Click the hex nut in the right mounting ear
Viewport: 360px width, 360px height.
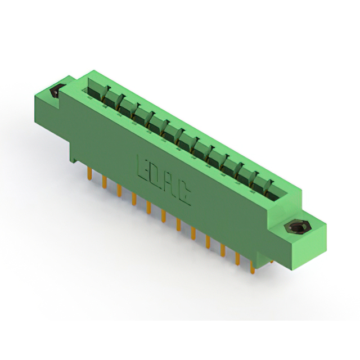click(x=295, y=227)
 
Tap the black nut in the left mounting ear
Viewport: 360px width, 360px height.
click(x=56, y=91)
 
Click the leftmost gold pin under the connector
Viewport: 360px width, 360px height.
click(x=90, y=173)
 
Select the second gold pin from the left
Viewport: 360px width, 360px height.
click(x=105, y=182)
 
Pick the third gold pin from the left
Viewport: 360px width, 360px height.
click(x=119, y=191)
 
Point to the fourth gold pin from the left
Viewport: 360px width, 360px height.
click(x=134, y=199)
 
